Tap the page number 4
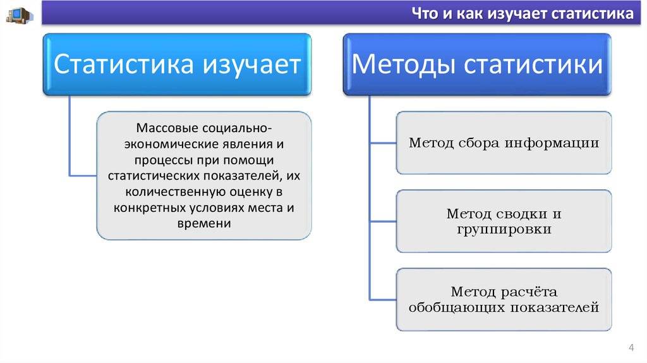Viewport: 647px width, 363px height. tap(631, 347)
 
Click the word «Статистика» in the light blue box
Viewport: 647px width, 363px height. tap(124, 64)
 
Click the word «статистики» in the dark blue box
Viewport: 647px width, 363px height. tap(533, 65)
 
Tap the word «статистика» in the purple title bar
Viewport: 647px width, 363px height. tap(592, 14)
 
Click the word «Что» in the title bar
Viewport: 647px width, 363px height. tap(425, 14)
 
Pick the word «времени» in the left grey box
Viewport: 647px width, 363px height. tap(204, 223)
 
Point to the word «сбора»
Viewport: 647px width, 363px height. tap(479, 142)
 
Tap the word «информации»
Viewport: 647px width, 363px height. tap(552, 144)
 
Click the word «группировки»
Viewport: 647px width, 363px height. tap(504, 230)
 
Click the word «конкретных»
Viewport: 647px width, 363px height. tap(151, 207)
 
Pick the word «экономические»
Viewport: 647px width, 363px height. tap(171, 144)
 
